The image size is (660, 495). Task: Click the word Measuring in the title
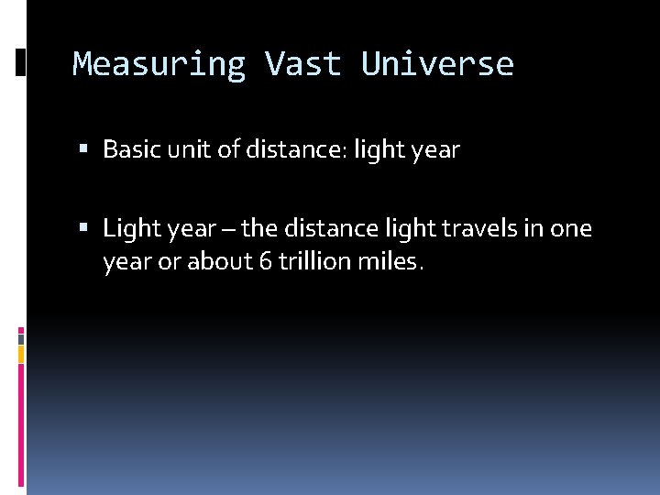click(x=159, y=64)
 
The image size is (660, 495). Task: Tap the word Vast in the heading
click(x=302, y=64)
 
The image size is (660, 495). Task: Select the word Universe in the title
click(x=437, y=64)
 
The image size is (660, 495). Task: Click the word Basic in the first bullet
click(x=131, y=149)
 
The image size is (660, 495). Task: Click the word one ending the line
click(x=570, y=228)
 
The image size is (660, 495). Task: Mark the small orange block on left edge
click(x=20, y=354)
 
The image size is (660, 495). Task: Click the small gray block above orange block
click(x=20, y=336)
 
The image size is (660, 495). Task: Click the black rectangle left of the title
click(x=20, y=61)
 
